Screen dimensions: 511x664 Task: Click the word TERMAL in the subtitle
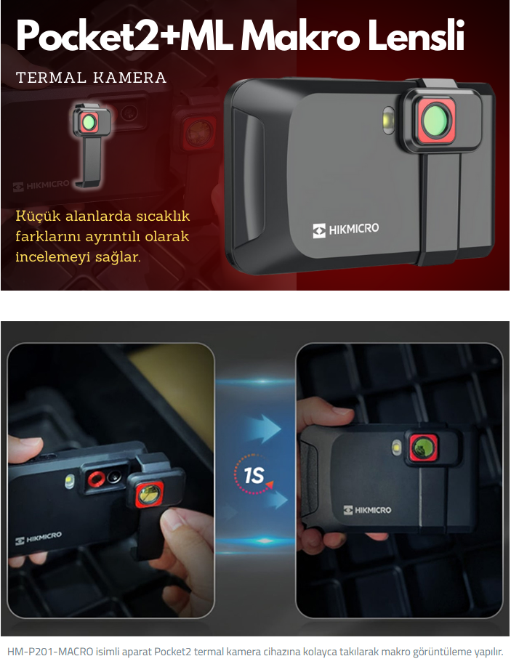[x=52, y=78]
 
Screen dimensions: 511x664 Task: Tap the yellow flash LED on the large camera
[x=387, y=121]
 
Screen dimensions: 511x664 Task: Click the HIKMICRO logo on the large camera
[x=346, y=230]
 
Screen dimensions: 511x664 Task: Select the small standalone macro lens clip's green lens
[x=89, y=122]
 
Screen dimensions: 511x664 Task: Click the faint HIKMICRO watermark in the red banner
[x=41, y=185]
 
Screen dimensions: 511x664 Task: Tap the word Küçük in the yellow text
[x=37, y=216]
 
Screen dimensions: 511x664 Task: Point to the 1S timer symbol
[x=254, y=474]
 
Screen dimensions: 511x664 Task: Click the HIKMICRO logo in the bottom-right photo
[x=367, y=510]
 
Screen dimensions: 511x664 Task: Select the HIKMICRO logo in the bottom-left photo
[x=38, y=538]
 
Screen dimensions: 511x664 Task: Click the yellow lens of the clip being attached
[x=150, y=495]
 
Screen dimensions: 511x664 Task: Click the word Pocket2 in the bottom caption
[x=174, y=652]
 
